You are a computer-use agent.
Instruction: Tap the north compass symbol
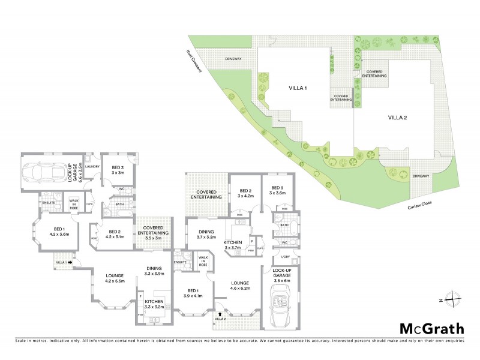pyautogui.click(x=454, y=299)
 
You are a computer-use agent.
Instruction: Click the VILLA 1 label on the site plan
pyautogui.click(x=296, y=88)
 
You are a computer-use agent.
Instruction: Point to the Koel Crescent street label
pyautogui.click(x=194, y=62)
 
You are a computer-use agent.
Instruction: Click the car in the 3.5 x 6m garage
pyautogui.click(x=280, y=306)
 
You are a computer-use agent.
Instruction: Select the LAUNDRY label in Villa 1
pyautogui.click(x=92, y=166)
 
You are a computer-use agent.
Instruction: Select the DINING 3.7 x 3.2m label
pyautogui.click(x=205, y=234)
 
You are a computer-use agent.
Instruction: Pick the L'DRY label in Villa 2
pyautogui.click(x=286, y=257)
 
